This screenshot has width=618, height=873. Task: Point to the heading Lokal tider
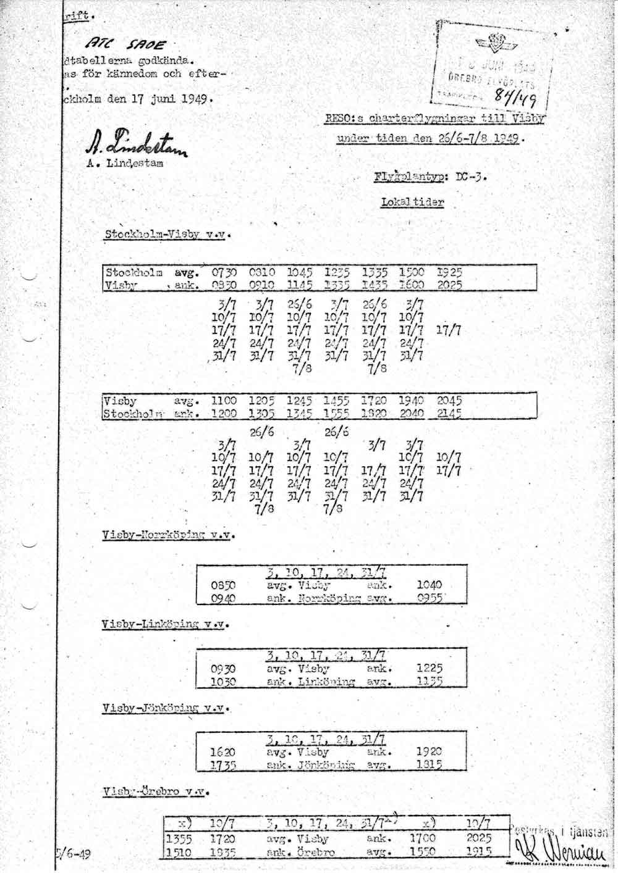click(x=412, y=202)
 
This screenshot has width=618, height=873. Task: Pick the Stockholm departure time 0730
click(x=224, y=272)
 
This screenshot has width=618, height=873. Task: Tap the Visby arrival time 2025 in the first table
click(x=450, y=285)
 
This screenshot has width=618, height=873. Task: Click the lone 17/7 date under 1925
click(x=449, y=330)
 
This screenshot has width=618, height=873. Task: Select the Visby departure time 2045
click(x=449, y=400)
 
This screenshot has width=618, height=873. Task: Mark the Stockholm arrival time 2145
click(x=449, y=413)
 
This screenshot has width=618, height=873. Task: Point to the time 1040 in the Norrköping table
click(x=430, y=585)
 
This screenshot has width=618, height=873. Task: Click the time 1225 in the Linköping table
click(x=430, y=668)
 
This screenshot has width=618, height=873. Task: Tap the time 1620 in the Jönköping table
click(x=223, y=752)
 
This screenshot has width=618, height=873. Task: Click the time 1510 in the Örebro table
click(x=180, y=852)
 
